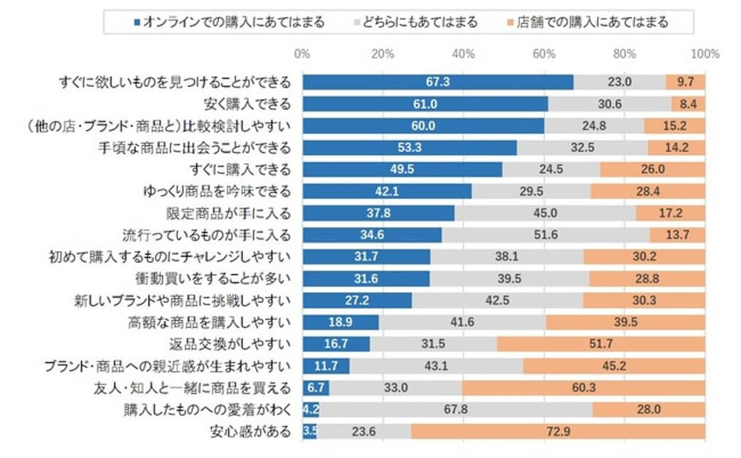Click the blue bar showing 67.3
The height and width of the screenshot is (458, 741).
click(437, 82)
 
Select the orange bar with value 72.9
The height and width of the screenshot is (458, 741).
click(558, 432)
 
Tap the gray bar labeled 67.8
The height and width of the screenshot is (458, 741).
click(455, 410)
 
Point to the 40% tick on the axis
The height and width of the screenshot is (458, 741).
click(464, 54)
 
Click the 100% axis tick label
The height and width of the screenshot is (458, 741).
click(704, 54)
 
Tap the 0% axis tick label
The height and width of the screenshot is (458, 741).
click(302, 54)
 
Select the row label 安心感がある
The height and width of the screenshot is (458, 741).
click(250, 432)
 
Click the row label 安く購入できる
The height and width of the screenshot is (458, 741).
click(245, 104)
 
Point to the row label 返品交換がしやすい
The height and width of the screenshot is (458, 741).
click(239, 344)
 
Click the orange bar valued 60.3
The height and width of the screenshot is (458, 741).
click(583, 388)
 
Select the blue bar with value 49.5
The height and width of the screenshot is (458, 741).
click(402, 169)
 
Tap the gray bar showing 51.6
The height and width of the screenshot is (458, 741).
click(545, 235)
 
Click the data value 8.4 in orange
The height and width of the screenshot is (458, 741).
click(688, 104)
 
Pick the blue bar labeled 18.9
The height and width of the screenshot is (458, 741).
click(340, 322)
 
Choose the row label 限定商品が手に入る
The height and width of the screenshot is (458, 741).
click(229, 213)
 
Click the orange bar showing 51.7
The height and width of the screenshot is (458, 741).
click(601, 344)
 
